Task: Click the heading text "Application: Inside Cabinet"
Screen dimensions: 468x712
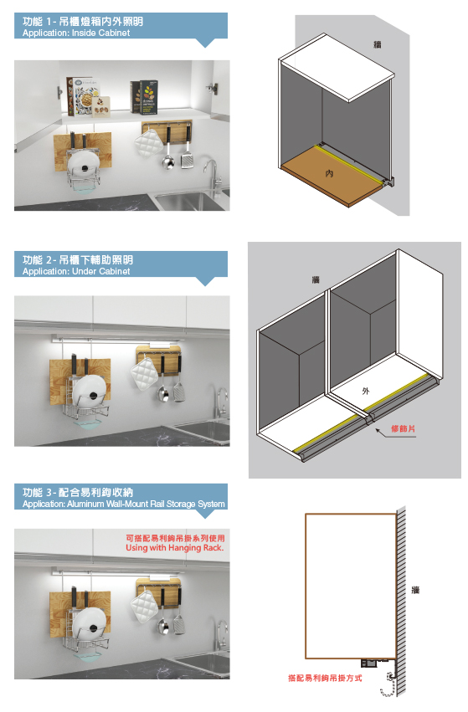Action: click(76, 33)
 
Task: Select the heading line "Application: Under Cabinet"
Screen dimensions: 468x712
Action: click(76, 272)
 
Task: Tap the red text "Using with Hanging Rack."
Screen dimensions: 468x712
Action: click(174, 548)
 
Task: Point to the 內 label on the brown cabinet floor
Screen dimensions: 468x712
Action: click(329, 173)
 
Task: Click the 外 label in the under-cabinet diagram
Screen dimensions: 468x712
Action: click(366, 391)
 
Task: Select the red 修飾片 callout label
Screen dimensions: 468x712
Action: click(403, 428)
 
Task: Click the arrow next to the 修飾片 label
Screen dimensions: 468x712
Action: click(382, 433)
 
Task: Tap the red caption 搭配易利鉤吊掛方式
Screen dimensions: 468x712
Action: click(325, 678)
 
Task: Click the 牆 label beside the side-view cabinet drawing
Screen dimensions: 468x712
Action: click(415, 590)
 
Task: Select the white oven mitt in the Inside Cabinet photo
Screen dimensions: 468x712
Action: click(148, 142)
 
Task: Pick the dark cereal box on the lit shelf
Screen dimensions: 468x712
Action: click(144, 97)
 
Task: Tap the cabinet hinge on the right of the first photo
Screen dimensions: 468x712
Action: click(212, 89)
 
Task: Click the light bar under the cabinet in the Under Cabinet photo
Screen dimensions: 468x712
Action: click(117, 339)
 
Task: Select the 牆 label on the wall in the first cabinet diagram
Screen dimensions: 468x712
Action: click(377, 44)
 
